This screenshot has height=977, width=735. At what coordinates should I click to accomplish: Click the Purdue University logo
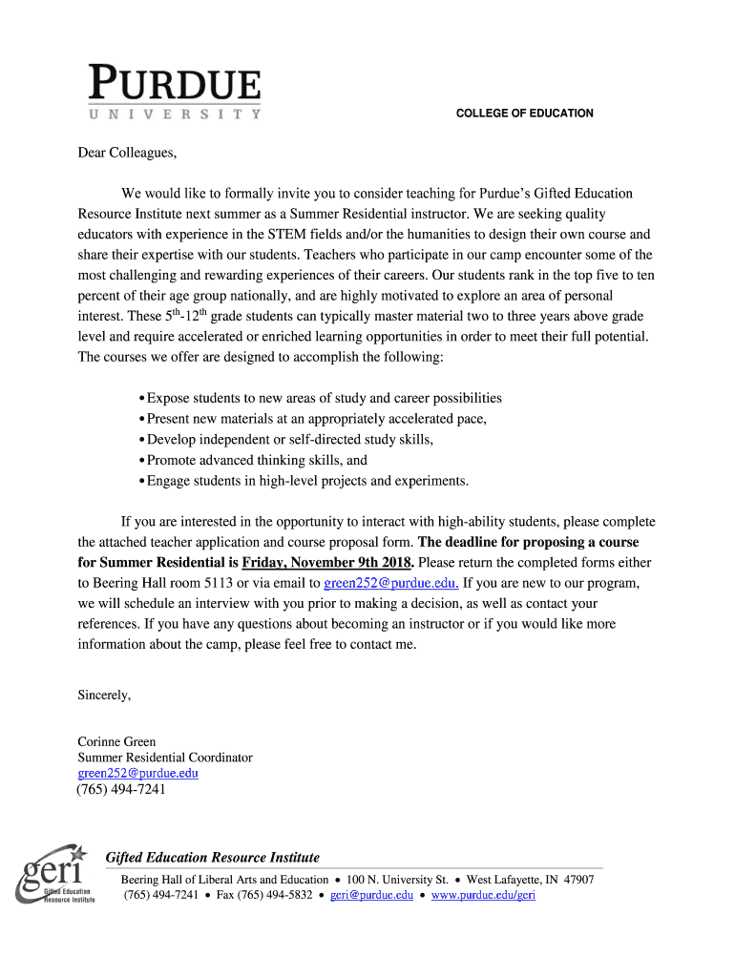coord(174,92)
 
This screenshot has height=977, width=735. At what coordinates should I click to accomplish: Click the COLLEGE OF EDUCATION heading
coord(524,114)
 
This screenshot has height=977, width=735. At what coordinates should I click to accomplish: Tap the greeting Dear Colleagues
coord(127,153)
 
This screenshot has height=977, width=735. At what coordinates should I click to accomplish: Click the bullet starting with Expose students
coord(323,398)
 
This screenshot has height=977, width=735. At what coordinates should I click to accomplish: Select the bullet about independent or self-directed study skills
coord(288,440)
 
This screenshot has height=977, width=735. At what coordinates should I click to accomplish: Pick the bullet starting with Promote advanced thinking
coord(256,460)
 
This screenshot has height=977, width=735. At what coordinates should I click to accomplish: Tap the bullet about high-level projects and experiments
coord(306,481)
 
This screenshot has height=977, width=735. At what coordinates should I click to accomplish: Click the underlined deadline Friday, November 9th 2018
coord(326,562)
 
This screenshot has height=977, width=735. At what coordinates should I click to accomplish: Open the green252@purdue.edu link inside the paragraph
coord(391,583)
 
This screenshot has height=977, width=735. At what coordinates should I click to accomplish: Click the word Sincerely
coord(104,696)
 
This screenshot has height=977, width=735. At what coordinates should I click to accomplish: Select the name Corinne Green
coord(116,741)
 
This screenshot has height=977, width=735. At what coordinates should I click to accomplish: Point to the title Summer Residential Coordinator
coord(165,758)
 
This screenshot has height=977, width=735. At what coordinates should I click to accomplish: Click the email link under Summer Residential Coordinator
coord(137,773)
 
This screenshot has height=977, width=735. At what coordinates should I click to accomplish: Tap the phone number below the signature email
coord(121,789)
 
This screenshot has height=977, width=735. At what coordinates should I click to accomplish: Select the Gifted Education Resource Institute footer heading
coord(212,858)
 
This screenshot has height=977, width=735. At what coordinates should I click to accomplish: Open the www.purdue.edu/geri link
coord(483,895)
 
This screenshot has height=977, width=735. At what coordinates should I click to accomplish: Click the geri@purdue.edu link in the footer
coord(371,895)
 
